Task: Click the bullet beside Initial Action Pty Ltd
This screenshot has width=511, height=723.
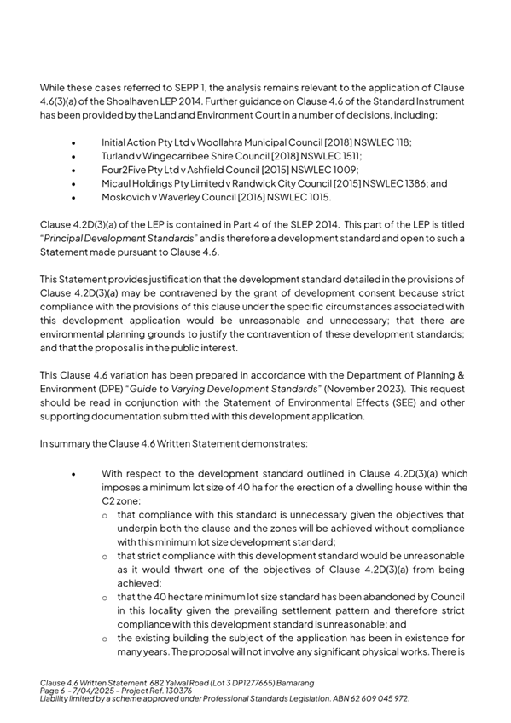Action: point(77,141)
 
